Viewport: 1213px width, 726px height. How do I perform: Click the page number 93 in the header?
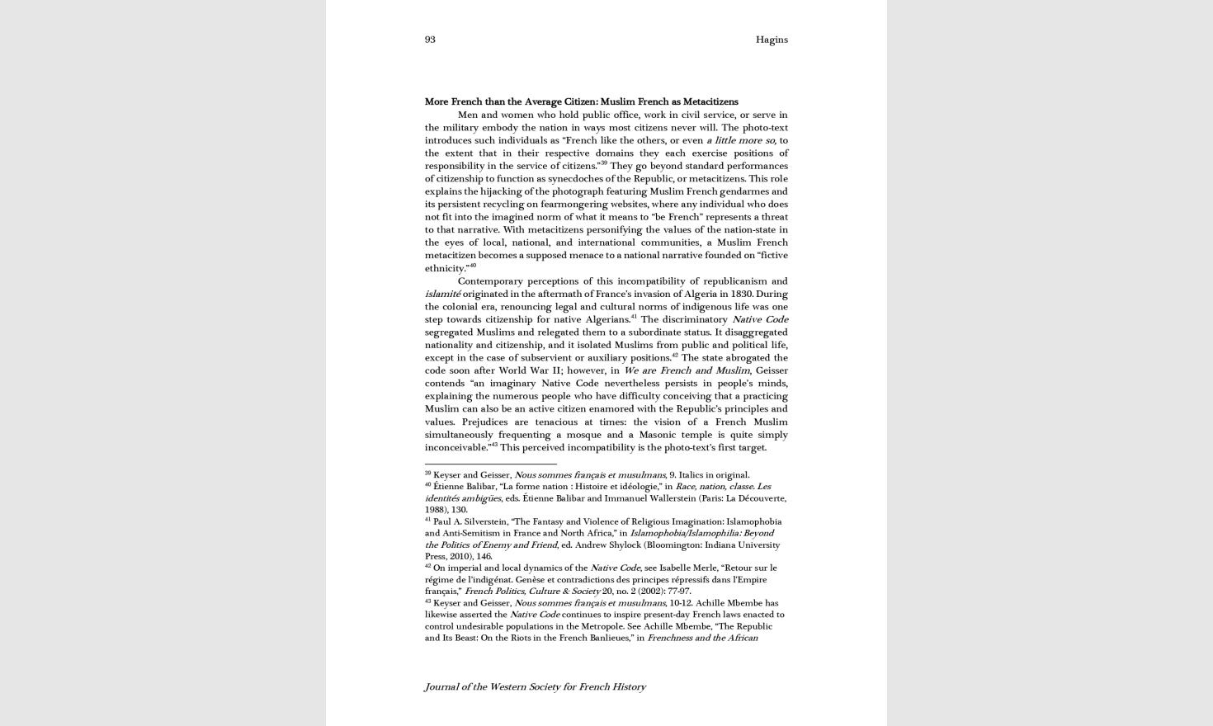(430, 40)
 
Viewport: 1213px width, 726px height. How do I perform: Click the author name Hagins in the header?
(772, 40)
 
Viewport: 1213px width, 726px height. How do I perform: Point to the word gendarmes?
(760, 191)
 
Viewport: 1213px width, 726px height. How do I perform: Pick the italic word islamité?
(442, 294)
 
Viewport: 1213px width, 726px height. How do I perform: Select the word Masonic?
(650, 435)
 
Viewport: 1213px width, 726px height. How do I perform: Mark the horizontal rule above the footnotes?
(490, 464)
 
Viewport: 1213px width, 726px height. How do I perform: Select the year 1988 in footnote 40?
(435, 510)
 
